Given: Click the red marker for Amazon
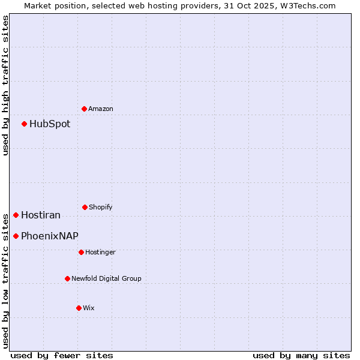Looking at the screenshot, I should pos(84,109).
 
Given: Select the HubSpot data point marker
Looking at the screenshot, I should pos(25,124).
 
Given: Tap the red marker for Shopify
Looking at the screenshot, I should pos(85,207).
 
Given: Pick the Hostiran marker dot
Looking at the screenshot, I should pos(16,215).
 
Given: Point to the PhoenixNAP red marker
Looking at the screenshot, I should pos(16,236).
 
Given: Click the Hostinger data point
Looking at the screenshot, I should pos(81,252).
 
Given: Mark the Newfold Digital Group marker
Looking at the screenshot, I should pos(67,278).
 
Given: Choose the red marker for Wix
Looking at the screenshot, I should pos(79,308).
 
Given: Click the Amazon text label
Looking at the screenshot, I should pos(101,109).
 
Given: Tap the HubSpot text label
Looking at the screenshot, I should pos(50,124).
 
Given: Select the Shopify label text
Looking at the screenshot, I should pos(101,207).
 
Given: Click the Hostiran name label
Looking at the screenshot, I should pos(41,215).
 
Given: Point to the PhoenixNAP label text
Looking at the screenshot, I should pos(50,236).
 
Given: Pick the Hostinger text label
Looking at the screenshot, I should pos(100,252).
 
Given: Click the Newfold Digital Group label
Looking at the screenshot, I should pos(106,278).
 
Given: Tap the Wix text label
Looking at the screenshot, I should pos(89,308).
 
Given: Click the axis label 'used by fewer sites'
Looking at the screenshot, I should pos(62,355).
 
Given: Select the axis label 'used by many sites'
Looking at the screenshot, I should pos(301,355).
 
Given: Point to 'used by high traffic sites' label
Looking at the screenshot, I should pos(5,85).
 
